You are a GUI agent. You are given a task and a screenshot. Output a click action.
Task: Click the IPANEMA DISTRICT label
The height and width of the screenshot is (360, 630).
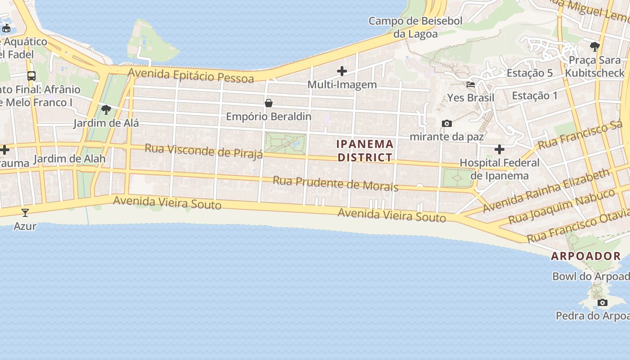[365, 151]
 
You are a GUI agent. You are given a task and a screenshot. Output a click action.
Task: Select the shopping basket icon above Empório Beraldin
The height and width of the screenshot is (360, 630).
[269, 103]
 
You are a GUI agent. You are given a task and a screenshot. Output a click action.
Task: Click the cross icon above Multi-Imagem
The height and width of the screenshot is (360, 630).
[342, 71]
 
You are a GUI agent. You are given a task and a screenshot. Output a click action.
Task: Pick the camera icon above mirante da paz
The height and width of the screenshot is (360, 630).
[447, 123]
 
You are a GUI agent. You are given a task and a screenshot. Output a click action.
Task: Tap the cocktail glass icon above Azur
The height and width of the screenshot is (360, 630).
[25, 213]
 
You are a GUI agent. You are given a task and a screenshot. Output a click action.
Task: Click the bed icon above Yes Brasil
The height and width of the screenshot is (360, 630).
[471, 84]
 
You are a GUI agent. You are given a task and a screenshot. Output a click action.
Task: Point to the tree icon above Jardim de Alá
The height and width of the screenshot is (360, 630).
[106, 109]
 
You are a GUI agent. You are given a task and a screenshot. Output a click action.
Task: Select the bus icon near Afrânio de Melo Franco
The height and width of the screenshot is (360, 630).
[31, 76]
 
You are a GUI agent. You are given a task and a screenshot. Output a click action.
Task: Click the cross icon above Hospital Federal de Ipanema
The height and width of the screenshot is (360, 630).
[499, 149]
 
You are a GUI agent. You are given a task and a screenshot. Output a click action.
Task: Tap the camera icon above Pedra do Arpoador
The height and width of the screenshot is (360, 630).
[603, 302]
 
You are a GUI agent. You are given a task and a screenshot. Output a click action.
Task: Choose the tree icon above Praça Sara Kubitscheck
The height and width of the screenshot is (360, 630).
[595, 46]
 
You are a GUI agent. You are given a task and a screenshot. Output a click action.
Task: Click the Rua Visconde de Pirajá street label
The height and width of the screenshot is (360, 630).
[203, 151]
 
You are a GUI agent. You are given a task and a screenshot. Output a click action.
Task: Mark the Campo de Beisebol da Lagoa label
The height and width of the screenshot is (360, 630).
[415, 27]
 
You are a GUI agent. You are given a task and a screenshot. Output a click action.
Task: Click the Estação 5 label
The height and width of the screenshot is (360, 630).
[530, 73]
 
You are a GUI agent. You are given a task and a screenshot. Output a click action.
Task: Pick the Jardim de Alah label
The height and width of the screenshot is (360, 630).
[69, 158]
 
